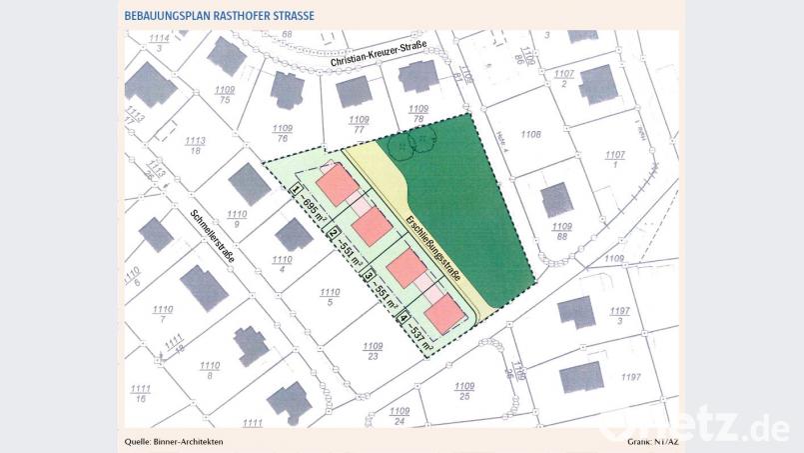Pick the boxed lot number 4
pyautogui.click(x=403, y=320)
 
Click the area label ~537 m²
pyautogui.click(x=420, y=334)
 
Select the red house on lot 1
pyautogui.click(x=337, y=184)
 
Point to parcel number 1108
pyautogui.click(x=530, y=134)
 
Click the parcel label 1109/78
pyautogui.click(x=418, y=113)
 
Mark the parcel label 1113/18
pyautogui.click(x=195, y=145)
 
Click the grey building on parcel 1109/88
pyautogui.click(x=556, y=198)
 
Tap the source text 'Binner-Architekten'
pyautogui.click(x=190, y=440)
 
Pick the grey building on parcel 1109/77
pyautogui.click(x=354, y=92)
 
